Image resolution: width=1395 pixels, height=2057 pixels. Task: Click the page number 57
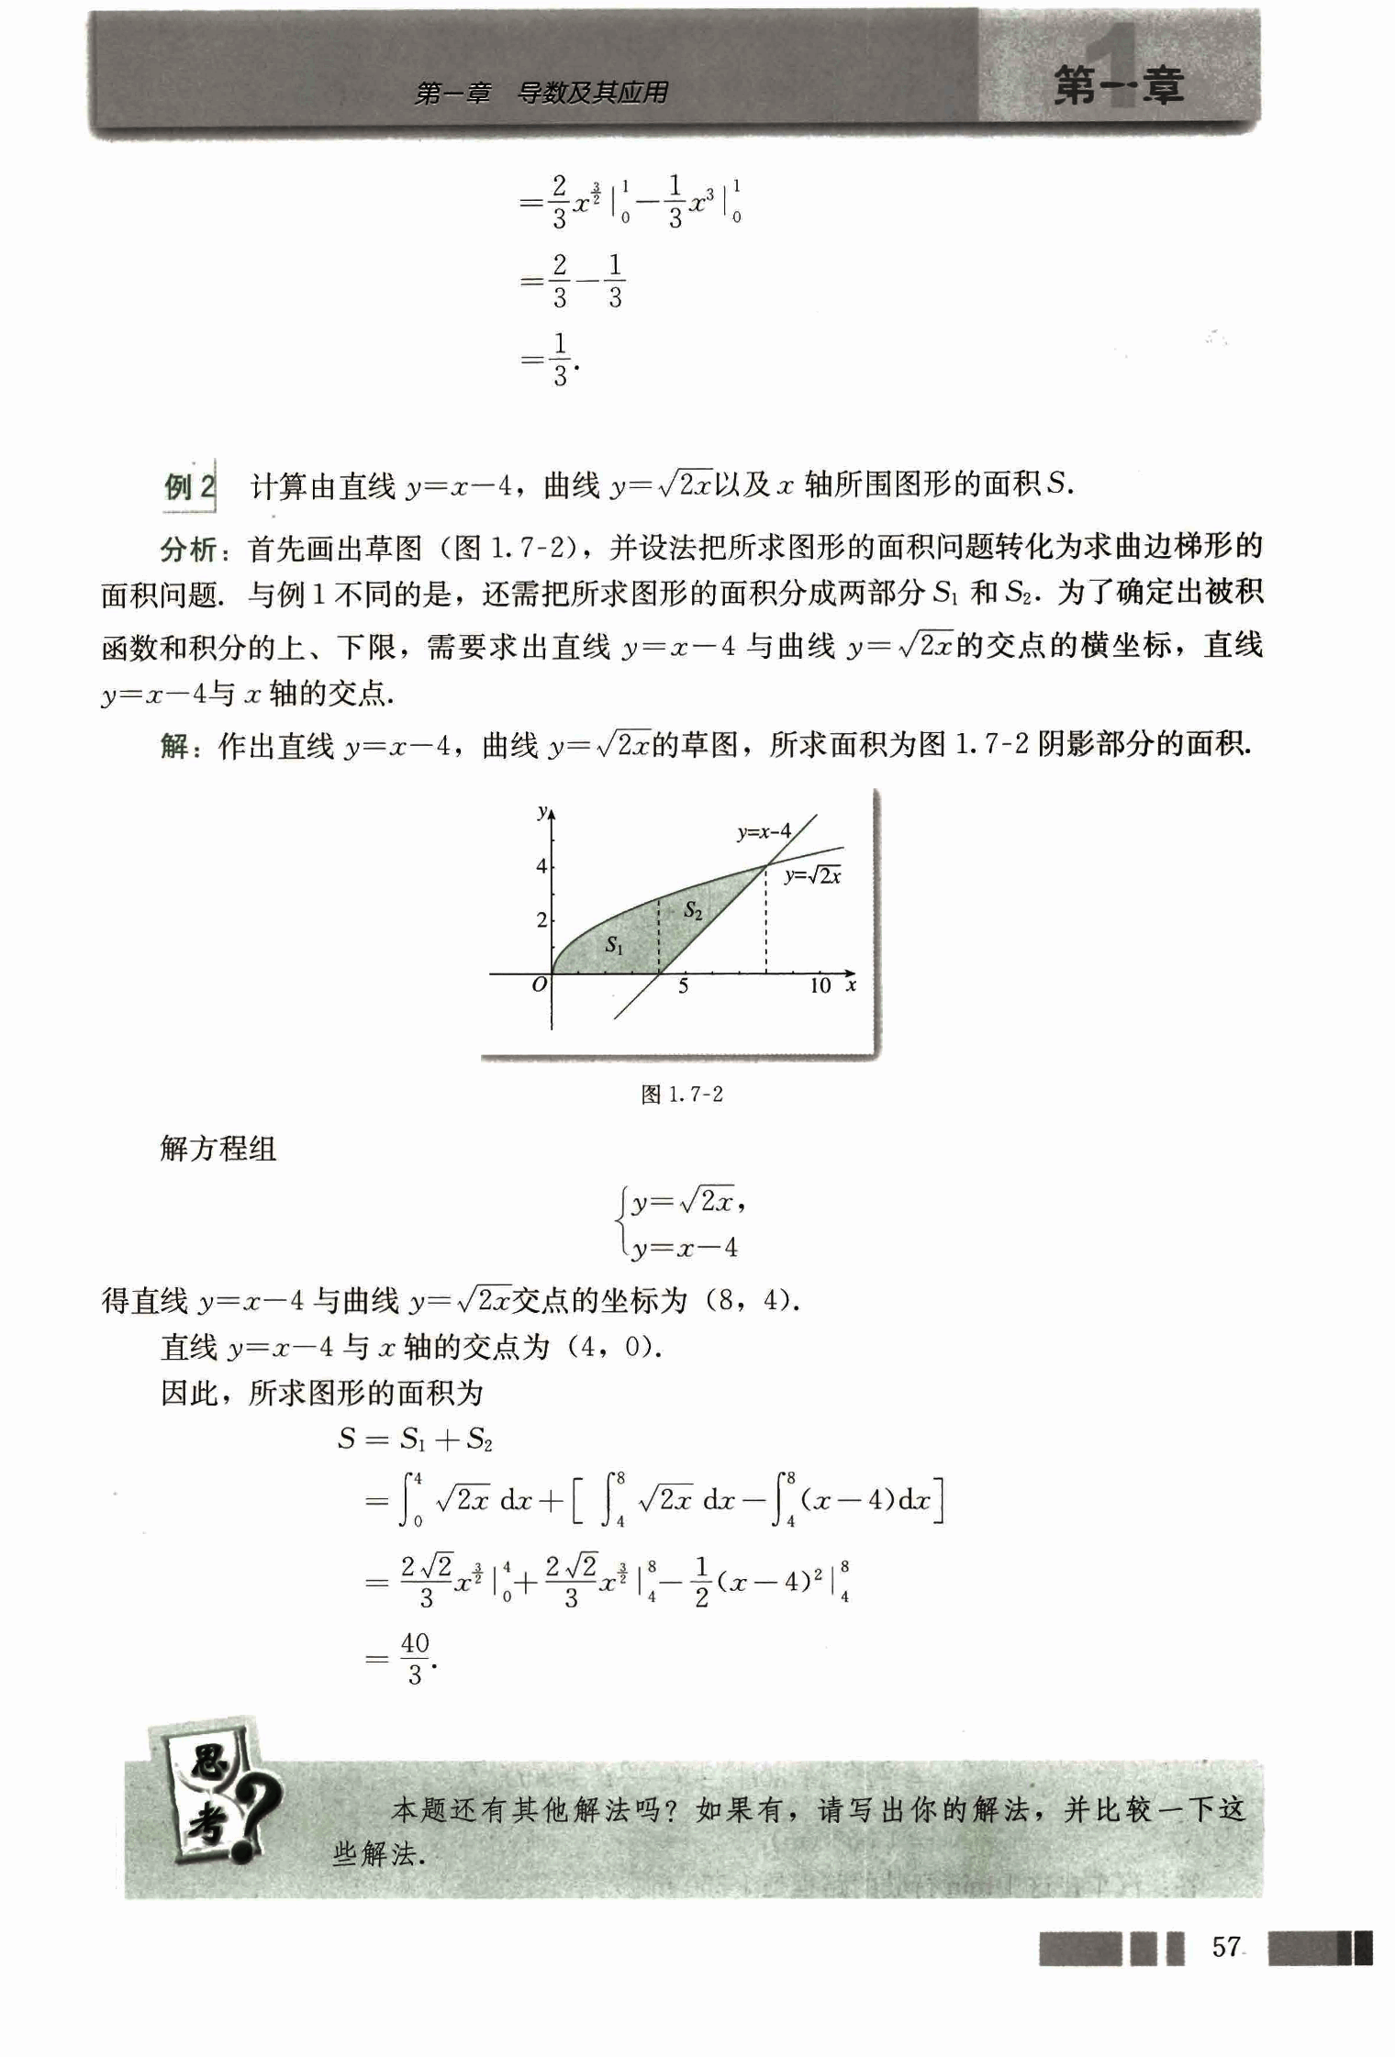[x=1226, y=1947]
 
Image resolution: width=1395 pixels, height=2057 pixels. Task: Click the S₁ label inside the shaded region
[x=614, y=946]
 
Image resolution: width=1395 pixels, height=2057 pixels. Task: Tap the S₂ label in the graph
[x=693, y=910]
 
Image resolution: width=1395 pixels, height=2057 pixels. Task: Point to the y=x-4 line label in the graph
[x=764, y=832]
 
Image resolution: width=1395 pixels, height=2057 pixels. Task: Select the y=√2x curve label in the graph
[x=812, y=875]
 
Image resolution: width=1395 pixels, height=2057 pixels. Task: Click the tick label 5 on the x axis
[x=683, y=986]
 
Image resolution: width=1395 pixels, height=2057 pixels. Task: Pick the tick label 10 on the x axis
[x=820, y=986]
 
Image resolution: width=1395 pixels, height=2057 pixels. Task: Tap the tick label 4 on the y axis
[x=541, y=866]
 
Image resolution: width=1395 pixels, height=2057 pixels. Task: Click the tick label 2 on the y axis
[x=541, y=919]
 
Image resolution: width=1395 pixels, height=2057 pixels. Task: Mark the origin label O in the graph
[x=540, y=984]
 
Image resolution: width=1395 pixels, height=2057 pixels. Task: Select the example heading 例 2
[x=189, y=485]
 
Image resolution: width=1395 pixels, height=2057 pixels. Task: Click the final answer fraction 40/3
[x=415, y=1658]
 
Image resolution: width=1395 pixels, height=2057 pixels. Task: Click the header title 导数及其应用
[x=592, y=93]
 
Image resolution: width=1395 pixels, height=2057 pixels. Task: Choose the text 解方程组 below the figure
[x=218, y=1148]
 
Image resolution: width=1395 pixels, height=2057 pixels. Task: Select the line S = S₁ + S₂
[x=415, y=1439]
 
